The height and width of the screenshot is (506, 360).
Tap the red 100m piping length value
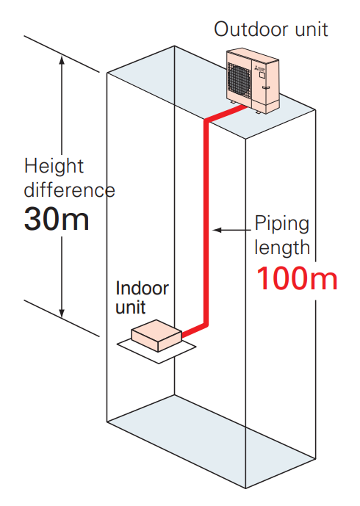[x=297, y=278]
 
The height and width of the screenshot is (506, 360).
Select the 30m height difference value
[x=57, y=219]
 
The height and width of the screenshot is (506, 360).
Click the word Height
[x=54, y=167]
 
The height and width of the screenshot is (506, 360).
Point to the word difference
[x=69, y=189]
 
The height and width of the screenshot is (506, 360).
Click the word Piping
[x=282, y=224]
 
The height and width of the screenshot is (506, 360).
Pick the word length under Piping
[x=282, y=248]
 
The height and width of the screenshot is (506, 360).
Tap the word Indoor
[x=142, y=288]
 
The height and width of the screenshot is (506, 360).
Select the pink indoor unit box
[x=156, y=336]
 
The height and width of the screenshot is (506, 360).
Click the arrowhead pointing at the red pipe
[x=217, y=230]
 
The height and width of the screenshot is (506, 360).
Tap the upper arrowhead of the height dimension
[x=62, y=60]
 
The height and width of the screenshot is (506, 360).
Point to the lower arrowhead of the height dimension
[x=62, y=312]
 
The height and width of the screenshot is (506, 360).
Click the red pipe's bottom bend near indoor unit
[x=206, y=324]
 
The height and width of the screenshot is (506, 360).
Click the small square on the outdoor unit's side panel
[x=262, y=75]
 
